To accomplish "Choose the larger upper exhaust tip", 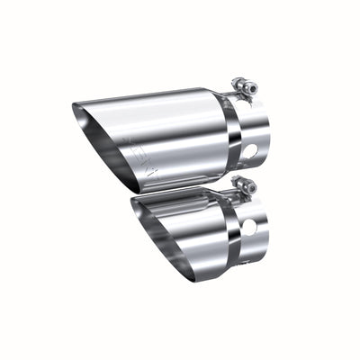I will pos(171,130).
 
